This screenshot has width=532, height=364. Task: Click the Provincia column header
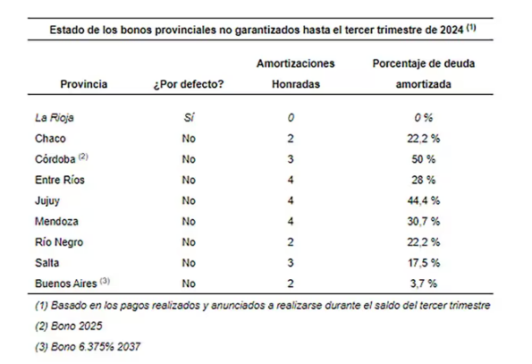pyautogui.click(x=84, y=84)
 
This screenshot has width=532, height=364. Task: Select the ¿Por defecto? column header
pyautogui.click(x=189, y=84)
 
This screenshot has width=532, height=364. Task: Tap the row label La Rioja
pyautogui.click(x=55, y=118)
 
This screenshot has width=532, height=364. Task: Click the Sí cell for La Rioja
pyautogui.click(x=189, y=117)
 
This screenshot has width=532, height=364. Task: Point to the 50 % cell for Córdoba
pyautogui.click(x=424, y=159)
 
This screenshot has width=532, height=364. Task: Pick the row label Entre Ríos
pyautogui.click(x=60, y=180)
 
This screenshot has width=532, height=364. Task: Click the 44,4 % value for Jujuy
pyautogui.click(x=424, y=200)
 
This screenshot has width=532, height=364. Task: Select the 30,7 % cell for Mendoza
pyautogui.click(x=424, y=221)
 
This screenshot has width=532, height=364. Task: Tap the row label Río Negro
pyautogui.click(x=59, y=242)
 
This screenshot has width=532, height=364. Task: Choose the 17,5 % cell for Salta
pyautogui.click(x=424, y=263)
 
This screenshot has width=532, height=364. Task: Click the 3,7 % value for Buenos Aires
pyautogui.click(x=424, y=284)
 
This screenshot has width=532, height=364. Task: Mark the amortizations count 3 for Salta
pyautogui.click(x=291, y=263)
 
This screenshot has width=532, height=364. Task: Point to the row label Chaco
pyautogui.click(x=50, y=139)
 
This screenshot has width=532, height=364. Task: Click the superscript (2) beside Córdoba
pyautogui.click(x=83, y=157)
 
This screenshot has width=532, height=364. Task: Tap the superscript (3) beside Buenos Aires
pyautogui.click(x=105, y=281)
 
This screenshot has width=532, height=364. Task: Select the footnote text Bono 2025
pyautogui.click(x=76, y=326)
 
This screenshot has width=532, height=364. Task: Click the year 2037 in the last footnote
pyautogui.click(x=129, y=347)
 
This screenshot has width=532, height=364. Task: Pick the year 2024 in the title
pyautogui.click(x=452, y=30)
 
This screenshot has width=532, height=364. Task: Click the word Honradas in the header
pyautogui.click(x=296, y=84)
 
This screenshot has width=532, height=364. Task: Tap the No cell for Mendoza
pyautogui.click(x=189, y=221)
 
